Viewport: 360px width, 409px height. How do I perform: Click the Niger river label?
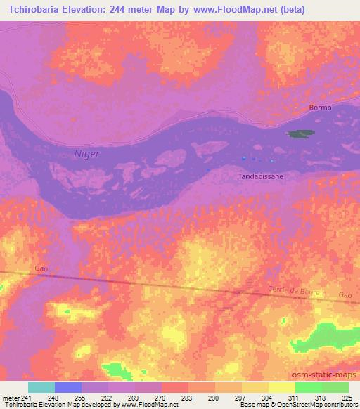(87, 153)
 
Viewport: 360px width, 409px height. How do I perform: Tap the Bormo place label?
(320, 108)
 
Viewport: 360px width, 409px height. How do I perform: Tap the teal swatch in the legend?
(41, 387)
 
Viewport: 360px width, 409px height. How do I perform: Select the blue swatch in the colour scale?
(68, 387)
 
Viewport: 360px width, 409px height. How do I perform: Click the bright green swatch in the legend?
(309, 387)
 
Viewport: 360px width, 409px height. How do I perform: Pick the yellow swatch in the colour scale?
(255, 387)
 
